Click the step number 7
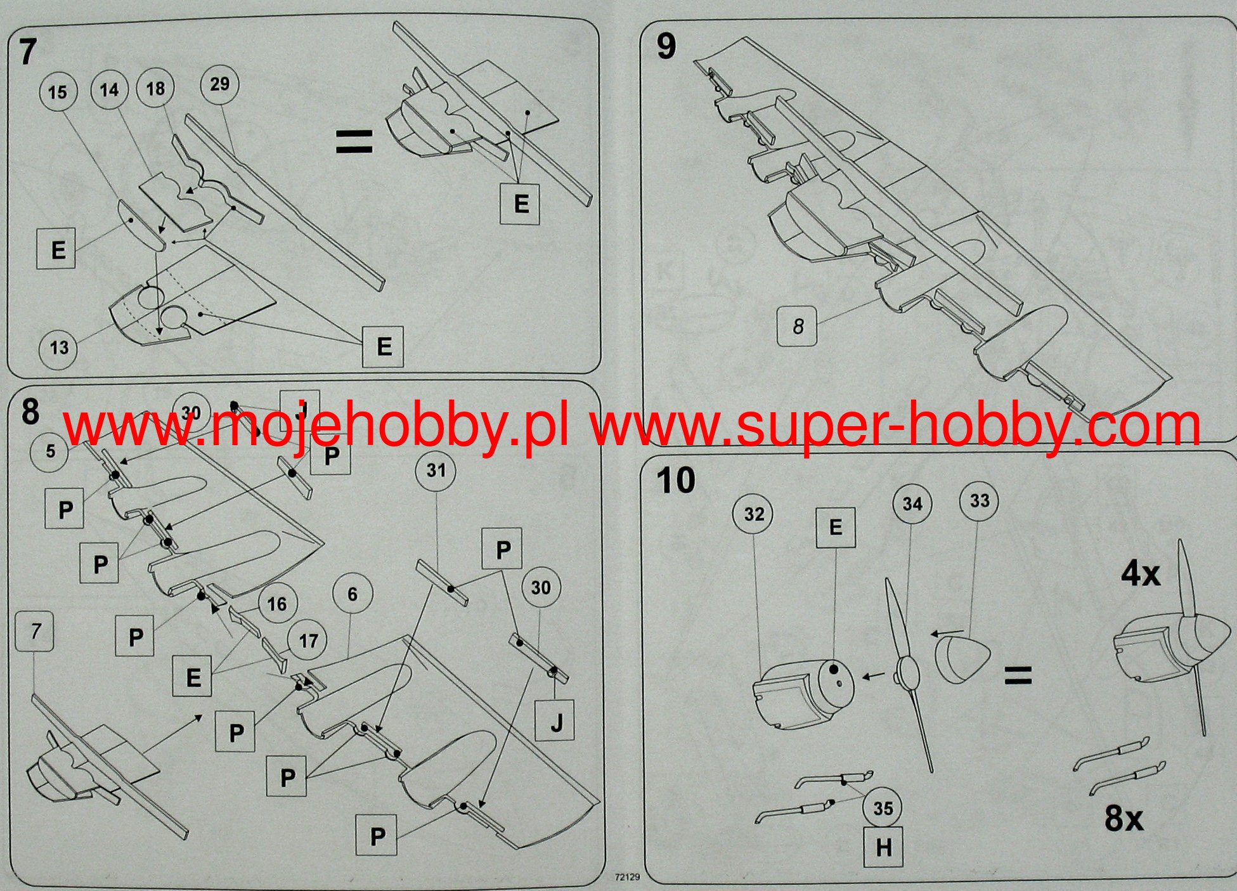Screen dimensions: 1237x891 pyautogui.click(x=28, y=51)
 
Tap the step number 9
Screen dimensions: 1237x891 pyautogui.click(x=666, y=46)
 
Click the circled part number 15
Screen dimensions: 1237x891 pyautogui.click(x=57, y=92)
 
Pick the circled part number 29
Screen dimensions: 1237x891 pyautogui.click(x=219, y=84)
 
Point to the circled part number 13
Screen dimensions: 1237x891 pyautogui.click(x=59, y=348)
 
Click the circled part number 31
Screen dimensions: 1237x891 pyautogui.click(x=436, y=471)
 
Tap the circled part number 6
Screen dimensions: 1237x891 pyautogui.click(x=353, y=594)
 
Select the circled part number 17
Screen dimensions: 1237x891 pyautogui.click(x=308, y=641)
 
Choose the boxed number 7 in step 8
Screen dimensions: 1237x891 pyautogui.click(x=36, y=631)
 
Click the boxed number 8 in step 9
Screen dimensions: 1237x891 pyautogui.click(x=798, y=326)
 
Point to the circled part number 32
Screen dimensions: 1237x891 pyautogui.click(x=754, y=514)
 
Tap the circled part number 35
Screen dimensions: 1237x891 pyautogui.click(x=883, y=808)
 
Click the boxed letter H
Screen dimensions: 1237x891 pyautogui.click(x=883, y=848)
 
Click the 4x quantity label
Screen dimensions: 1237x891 pyautogui.click(x=1141, y=575)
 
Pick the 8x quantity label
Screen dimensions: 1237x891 pyautogui.click(x=1124, y=818)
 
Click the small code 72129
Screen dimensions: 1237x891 pyautogui.click(x=627, y=878)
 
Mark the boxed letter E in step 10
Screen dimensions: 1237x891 pyautogui.click(x=835, y=527)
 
